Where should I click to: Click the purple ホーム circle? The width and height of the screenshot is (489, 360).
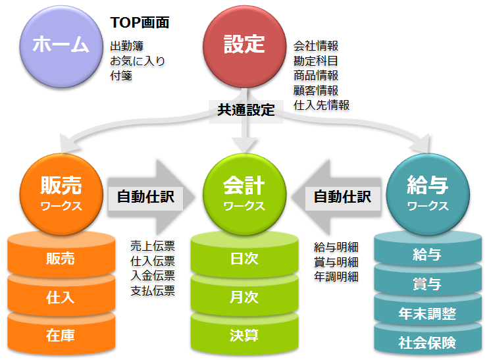click(x=61, y=47)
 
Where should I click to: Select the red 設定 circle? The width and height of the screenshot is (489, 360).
click(x=245, y=47)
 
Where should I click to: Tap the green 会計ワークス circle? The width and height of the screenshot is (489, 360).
click(x=245, y=194)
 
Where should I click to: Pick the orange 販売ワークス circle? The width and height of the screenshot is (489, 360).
click(x=61, y=194)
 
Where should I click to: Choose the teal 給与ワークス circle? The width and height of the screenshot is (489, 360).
click(x=428, y=194)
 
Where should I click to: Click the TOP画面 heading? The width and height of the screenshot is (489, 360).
click(x=140, y=22)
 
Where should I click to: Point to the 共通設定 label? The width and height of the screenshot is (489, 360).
click(x=246, y=110)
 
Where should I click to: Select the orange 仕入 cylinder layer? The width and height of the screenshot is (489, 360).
click(x=61, y=296)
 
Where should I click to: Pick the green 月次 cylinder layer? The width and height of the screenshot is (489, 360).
click(x=245, y=296)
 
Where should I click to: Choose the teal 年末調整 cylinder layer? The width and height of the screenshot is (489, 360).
click(x=428, y=312)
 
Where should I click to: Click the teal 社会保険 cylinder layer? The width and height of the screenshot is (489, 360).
click(x=428, y=342)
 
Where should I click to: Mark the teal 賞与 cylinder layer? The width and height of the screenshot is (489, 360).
click(x=428, y=282)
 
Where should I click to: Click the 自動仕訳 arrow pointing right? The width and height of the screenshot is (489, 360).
click(x=151, y=197)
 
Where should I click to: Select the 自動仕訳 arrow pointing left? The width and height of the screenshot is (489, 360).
click(x=336, y=197)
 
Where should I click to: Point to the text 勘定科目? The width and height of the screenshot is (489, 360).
click(x=316, y=61)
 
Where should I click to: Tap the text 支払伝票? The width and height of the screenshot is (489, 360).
click(x=153, y=290)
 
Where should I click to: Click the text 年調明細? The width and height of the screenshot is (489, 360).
click(x=336, y=276)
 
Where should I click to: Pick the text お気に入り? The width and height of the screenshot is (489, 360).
click(x=138, y=61)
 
